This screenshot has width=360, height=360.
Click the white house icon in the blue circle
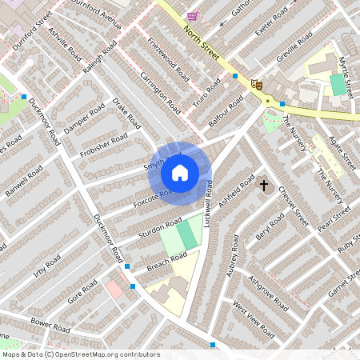pyautogui.click(x=180, y=172)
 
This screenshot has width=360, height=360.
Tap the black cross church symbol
pyautogui.click(x=264, y=186)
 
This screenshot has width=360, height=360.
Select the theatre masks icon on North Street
pyautogui.click(x=257, y=82)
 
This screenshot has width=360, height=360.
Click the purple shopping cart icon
pyautogui.click(x=192, y=15)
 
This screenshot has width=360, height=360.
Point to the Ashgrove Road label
pyautogui.click(x=267, y=294)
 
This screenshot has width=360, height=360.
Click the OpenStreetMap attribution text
pyautogui.click(x=80, y=354)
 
